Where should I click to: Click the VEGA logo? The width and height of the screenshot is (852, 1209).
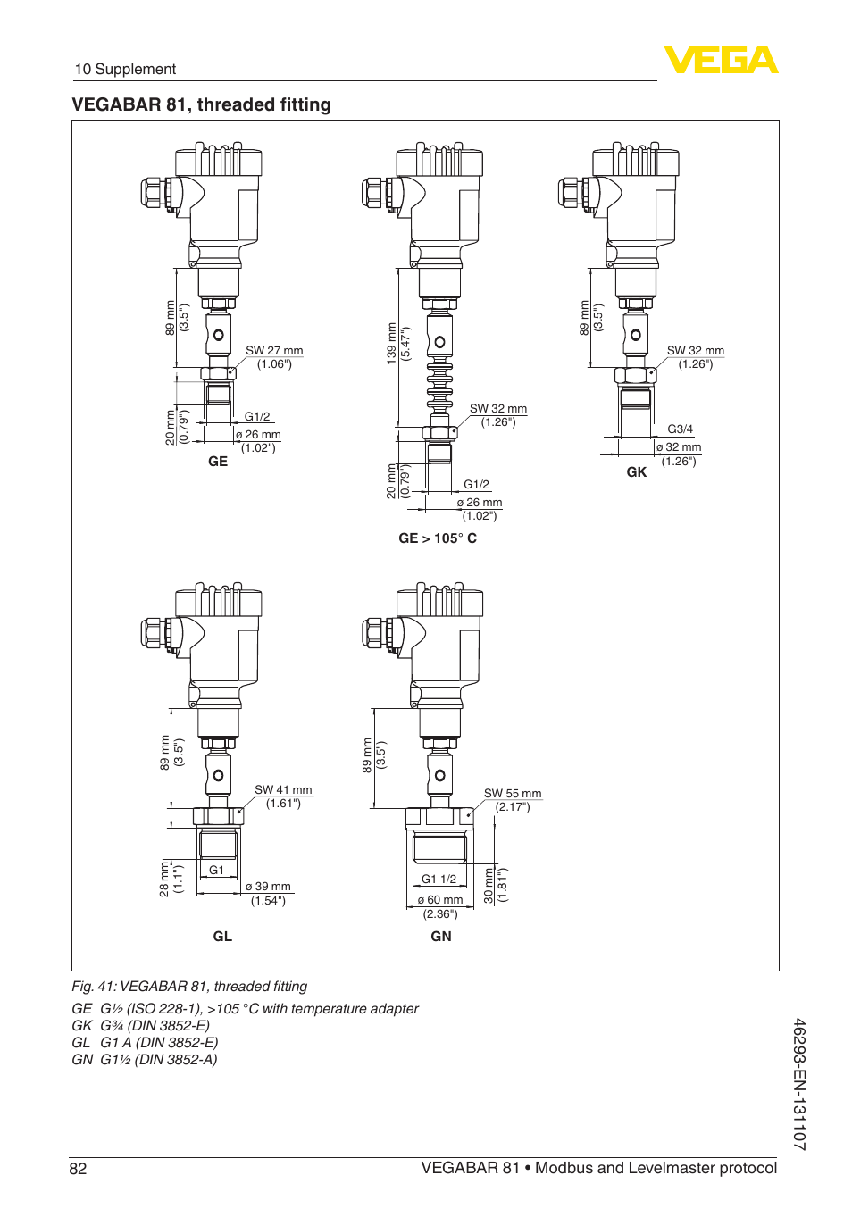721,60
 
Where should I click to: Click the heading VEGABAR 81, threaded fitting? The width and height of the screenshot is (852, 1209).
201,104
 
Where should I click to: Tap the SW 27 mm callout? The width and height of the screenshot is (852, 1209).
274,351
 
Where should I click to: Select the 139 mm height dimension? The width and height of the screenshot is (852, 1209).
391,342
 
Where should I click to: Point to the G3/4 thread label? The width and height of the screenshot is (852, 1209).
680,429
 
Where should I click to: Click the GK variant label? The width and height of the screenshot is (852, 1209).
636,472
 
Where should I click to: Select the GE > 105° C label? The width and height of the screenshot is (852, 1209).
438,538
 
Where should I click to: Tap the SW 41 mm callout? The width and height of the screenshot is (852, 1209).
283,790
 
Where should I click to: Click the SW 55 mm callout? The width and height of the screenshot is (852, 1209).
513,794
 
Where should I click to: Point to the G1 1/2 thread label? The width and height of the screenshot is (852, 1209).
439,880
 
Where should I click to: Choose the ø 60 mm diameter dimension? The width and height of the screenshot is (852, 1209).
440,900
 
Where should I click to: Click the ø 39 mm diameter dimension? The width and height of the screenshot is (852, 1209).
268,887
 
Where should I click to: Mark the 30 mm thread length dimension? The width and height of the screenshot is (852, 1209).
489,885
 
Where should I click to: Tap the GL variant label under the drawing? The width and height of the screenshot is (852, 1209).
222,937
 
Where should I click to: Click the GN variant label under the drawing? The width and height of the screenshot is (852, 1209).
441,937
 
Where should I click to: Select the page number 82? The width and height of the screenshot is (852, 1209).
79,1169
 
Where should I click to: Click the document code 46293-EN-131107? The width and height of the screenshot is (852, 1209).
799,1084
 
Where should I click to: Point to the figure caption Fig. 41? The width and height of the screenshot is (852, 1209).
189,987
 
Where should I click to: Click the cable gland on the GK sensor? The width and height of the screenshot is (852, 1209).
571,193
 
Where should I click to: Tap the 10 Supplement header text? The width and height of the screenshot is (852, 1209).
125,70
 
